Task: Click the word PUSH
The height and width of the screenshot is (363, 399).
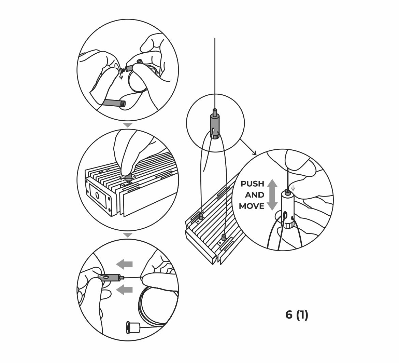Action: [x=252, y=184]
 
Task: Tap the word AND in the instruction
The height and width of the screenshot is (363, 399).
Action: [x=255, y=195]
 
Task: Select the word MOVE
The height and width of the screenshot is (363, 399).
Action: [x=252, y=206]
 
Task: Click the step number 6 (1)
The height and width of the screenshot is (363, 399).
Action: [x=297, y=315]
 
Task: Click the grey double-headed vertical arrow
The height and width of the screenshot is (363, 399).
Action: [x=272, y=195]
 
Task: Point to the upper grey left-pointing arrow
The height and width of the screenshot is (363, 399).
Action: [x=125, y=264]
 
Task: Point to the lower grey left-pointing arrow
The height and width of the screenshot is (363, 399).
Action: [x=125, y=290]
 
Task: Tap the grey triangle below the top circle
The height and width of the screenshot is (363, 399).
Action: [x=128, y=125]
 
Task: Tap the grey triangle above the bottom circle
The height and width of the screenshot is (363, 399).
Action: [x=128, y=235]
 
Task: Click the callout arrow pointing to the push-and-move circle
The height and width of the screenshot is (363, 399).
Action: [x=248, y=147]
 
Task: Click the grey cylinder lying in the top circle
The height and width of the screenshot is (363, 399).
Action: [x=114, y=103]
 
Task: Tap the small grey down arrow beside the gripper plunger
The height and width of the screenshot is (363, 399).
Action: [x=293, y=188]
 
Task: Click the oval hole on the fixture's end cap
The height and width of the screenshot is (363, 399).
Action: [x=97, y=196]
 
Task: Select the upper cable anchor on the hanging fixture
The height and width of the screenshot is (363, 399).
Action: [x=201, y=216]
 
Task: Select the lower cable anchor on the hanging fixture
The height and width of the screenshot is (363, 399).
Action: [x=224, y=238]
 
